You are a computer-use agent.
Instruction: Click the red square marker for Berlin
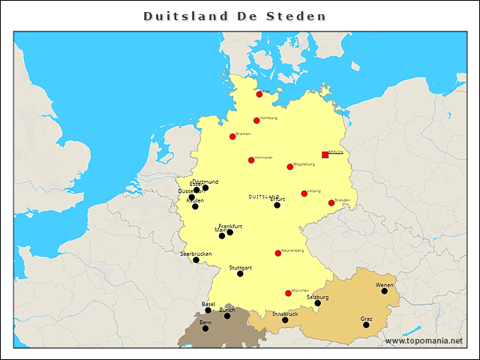coord(325,154)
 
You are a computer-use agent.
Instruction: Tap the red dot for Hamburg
coord(256,121)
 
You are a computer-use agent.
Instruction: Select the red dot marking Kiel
coord(259,94)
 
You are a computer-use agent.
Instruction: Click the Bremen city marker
coord(232,136)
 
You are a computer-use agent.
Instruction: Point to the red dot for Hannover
coord(251,160)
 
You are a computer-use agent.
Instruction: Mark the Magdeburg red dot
coord(290,166)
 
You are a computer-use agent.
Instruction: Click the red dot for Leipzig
coord(304,193)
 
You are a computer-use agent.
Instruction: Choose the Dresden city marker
coord(331,202)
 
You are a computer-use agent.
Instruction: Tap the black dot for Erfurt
coord(277,205)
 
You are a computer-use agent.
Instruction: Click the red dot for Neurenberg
coord(278,253)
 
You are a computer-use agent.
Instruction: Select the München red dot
coord(288,293)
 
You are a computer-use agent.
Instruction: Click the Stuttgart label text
coord(241,268)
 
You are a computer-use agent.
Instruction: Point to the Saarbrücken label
coord(196,254)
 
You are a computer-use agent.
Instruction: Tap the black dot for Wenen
coord(385,291)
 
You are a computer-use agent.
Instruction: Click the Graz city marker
coord(367,325)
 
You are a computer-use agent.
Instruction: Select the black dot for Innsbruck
coord(285,320)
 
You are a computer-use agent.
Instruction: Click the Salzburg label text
coord(318,297)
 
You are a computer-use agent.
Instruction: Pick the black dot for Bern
coord(205,328)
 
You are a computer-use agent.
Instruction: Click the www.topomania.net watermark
coord(424,341)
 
